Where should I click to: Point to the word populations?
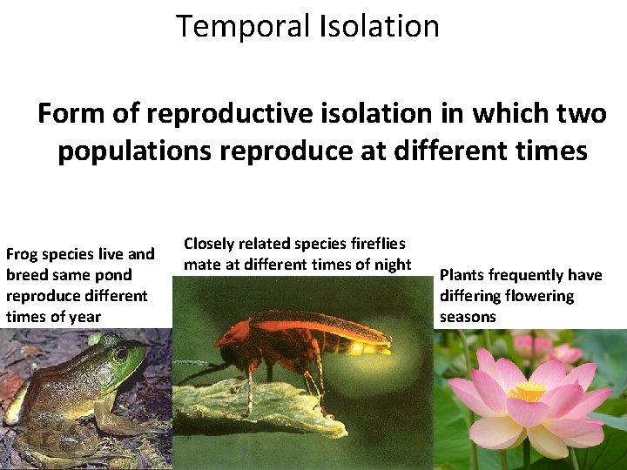point(137,151)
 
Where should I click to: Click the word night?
point(390,265)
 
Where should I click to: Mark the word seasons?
point(468,317)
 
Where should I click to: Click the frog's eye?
point(119,354)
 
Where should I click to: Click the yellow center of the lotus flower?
point(528,393)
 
